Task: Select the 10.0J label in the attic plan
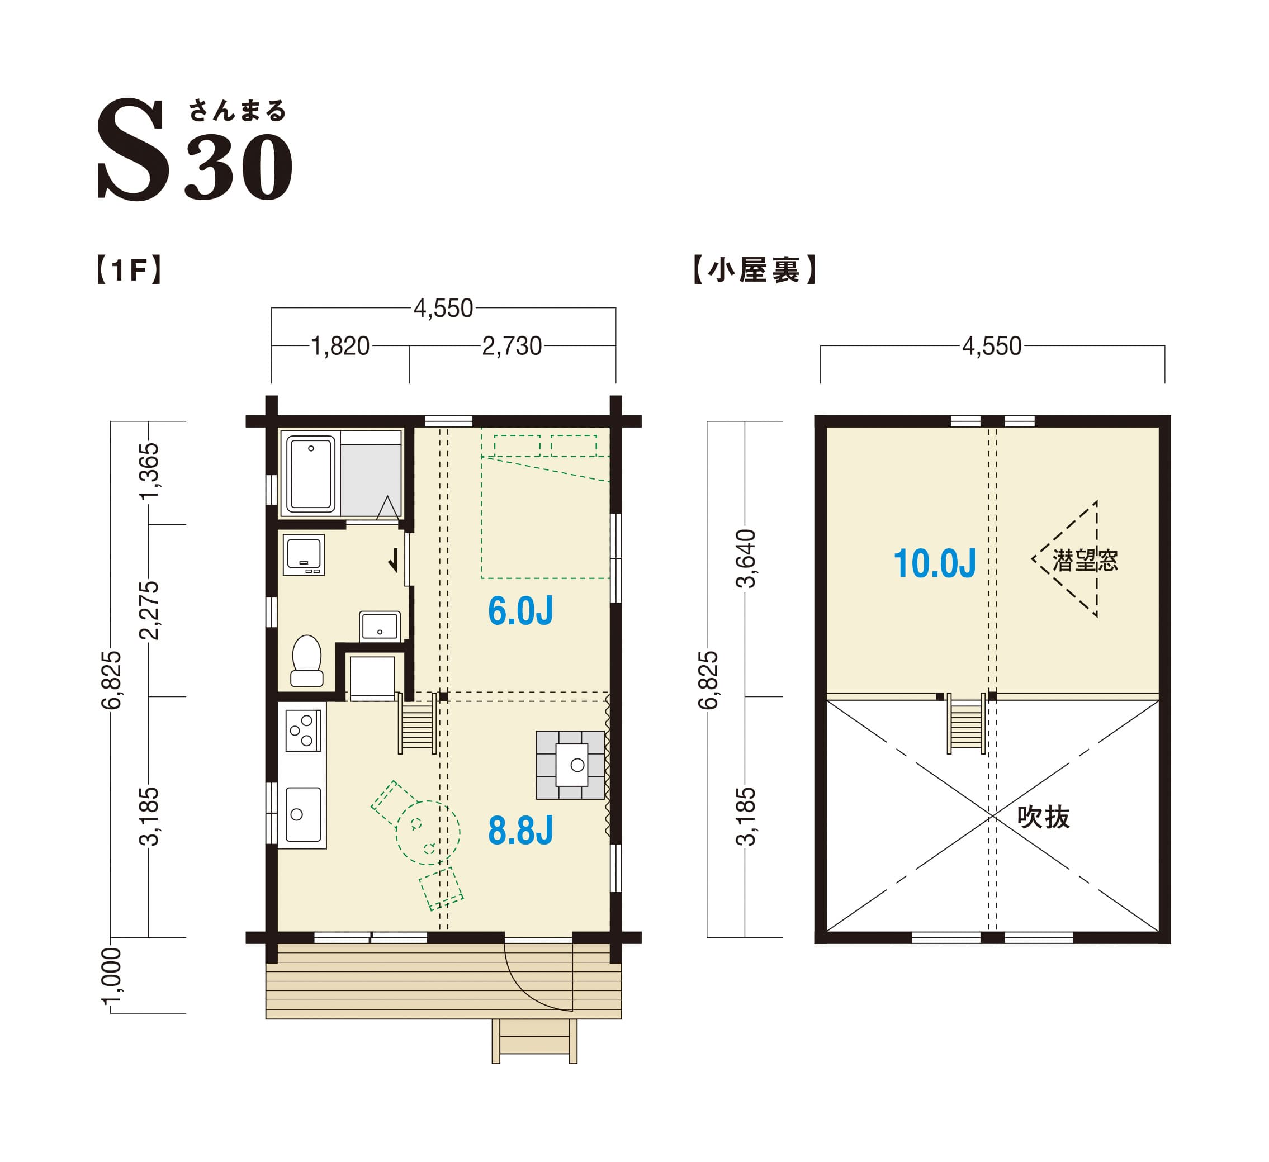click(935, 563)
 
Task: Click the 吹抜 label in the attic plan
click(1043, 817)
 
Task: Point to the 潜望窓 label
click(1085, 559)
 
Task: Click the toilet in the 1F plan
click(306, 660)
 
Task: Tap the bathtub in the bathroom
click(311, 473)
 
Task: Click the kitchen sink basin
click(303, 814)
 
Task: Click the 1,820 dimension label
click(340, 346)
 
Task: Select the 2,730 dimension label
click(512, 346)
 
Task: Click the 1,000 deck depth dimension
click(111, 977)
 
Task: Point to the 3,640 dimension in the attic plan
click(745, 559)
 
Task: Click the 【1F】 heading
click(130, 270)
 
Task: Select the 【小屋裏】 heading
click(754, 270)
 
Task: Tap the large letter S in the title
click(133, 150)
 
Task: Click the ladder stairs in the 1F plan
click(418, 724)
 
